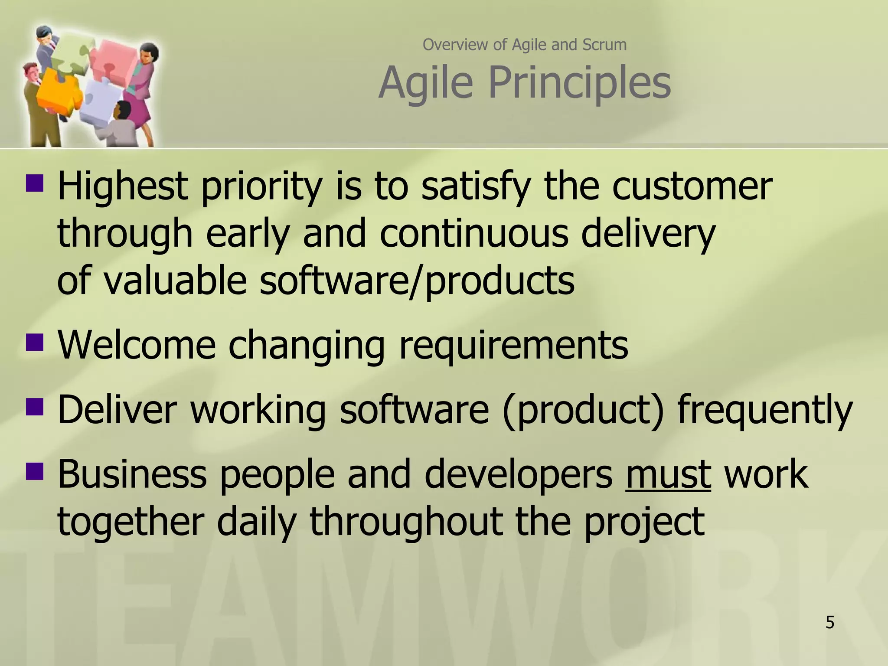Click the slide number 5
(x=829, y=623)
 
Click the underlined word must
(x=668, y=474)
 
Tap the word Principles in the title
(x=580, y=82)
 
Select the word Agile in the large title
(x=425, y=82)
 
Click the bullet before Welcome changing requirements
(x=35, y=342)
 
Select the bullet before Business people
(x=35, y=472)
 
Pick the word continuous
(x=473, y=234)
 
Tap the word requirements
(x=513, y=346)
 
